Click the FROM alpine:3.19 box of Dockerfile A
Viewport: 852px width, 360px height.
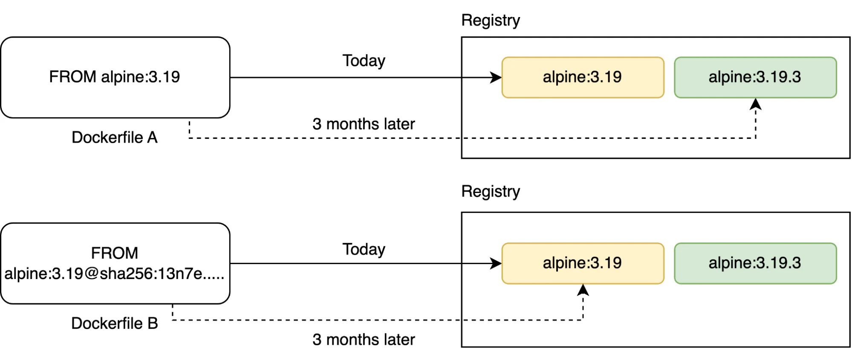pos(115,77)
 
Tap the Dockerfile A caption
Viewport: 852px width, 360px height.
pos(115,137)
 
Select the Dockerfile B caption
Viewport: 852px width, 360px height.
pos(115,323)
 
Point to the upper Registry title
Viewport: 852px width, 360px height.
pos(491,20)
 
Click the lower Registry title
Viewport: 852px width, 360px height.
pos(491,192)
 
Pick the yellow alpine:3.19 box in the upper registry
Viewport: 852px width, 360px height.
pos(583,78)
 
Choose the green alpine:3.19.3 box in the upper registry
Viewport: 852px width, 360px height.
pos(755,78)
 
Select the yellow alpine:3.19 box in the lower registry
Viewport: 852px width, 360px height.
pos(583,263)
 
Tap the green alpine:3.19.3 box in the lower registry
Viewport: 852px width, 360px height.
pos(755,263)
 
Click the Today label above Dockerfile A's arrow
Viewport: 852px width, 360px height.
pos(364,61)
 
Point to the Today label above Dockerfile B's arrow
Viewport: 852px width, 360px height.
pos(364,250)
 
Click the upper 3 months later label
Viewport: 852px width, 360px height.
pos(364,124)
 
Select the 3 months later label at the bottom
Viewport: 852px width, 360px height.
pos(364,340)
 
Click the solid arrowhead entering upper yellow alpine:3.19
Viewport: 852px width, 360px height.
pos(496,78)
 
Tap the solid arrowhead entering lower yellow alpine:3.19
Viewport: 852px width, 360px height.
pos(496,263)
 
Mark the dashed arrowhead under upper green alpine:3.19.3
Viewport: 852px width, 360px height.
pos(756,104)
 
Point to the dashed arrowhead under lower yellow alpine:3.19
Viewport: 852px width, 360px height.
pos(583,290)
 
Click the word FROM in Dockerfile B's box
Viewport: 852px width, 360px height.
pos(115,253)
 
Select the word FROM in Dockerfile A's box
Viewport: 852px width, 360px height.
pos(73,77)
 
